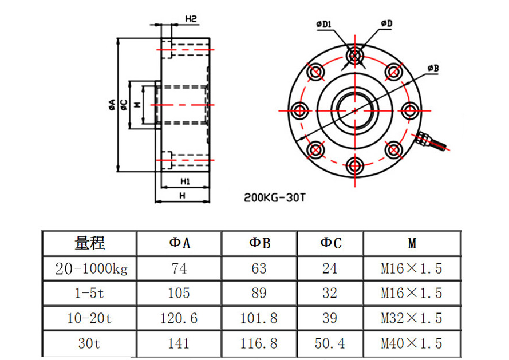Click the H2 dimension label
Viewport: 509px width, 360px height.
pyautogui.click(x=191, y=19)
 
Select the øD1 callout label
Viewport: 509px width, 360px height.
pyautogui.click(x=324, y=24)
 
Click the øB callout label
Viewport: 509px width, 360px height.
pyautogui.click(x=432, y=69)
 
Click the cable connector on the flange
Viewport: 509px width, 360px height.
pyautogui.click(x=431, y=140)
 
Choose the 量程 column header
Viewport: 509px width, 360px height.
pyautogui.click(x=90, y=243)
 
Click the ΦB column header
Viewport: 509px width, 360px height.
pyautogui.click(x=259, y=243)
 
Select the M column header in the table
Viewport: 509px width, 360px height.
pyautogui.click(x=412, y=243)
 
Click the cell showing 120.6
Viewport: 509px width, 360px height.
pyautogui.click(x=179, y=318)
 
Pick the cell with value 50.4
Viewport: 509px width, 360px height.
pyautogui.click(x=330, y=343)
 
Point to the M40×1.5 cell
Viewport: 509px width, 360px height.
pyautogui.click(x=412, y=343)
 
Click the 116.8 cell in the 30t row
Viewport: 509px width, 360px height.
pyautogui.click(x=259, y=343)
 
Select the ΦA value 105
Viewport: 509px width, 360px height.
pyautogui.click(x=179, y=293)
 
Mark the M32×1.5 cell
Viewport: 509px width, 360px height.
pyautogui.click(x=412, y=318)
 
